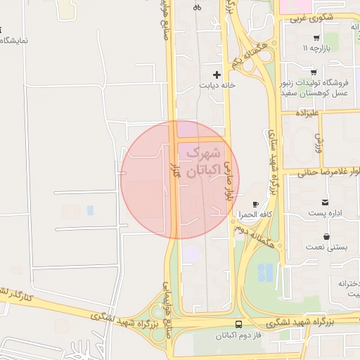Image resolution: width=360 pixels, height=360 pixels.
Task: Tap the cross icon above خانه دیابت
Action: click(x=217, y=74)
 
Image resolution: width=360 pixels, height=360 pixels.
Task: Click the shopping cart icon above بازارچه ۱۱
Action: click(x=316, y=37)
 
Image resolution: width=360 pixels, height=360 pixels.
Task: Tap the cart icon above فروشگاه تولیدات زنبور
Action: click(x=313, y=72)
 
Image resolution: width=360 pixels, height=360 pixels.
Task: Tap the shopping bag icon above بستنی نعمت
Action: click(x=326, y=238)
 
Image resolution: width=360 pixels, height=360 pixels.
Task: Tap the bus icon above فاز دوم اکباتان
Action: click(x=238, y=325)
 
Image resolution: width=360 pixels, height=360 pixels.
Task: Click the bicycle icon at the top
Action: click(x=197, y=8)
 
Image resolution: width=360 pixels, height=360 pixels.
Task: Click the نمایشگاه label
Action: click(x=13, y=40)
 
